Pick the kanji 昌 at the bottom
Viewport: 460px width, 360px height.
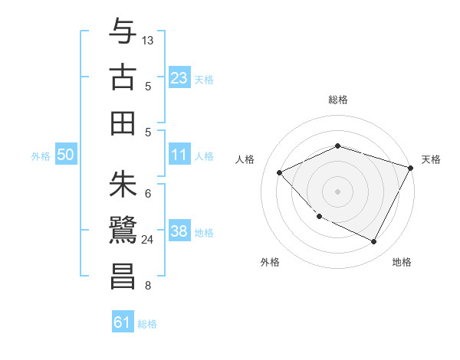[x=123, y=276]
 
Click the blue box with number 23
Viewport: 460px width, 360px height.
[x=179, y=77]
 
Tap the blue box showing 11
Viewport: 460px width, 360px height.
[x=179, y=155]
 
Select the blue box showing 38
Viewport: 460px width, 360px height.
[x=179, y=232]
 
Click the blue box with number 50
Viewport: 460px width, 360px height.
[x=66, y=155]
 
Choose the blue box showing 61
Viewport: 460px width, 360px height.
[x=123, y=323]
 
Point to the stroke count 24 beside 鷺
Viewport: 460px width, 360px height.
[x=148, y=240]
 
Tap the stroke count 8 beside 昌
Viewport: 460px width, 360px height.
[x=148, y=286]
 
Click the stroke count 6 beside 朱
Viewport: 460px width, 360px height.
[x=148, y=194]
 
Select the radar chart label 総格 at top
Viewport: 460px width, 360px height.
[x=338, y=100]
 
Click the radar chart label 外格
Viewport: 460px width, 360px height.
[x=270, y=263]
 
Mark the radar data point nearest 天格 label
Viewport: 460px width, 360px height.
[x=412, y=168]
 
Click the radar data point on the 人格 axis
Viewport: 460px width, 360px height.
[x=280, y=172]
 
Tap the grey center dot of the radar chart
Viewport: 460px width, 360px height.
[x=338, y=191]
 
